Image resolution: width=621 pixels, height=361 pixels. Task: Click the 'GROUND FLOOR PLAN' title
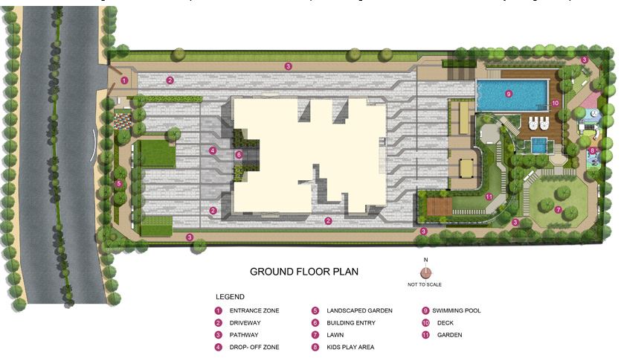coord(303,272)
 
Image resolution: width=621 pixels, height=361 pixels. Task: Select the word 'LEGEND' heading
coord(230,297)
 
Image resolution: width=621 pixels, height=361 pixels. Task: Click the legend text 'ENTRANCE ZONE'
coord(254,310)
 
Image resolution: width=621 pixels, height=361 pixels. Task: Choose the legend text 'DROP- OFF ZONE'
coord(254,348)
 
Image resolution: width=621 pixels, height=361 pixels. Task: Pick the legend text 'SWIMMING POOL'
coord(457,310)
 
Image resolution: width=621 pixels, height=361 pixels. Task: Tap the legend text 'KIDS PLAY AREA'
coord(350,348)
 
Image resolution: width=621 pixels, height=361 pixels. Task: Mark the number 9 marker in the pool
coord(509,94)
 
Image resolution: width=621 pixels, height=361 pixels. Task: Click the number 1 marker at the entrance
coord(124,80)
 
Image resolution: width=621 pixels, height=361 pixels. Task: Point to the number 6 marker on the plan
coord(239,155)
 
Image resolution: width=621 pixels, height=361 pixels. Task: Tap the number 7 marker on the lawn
coord(558,209)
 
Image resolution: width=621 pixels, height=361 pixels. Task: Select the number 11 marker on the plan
coord(489,197)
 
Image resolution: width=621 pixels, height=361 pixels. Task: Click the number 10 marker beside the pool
coord(554,103)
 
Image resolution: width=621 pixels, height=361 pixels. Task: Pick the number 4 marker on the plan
coord(213,150)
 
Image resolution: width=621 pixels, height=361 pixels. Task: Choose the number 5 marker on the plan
coord(118,183)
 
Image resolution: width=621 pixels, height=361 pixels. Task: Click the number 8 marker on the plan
coord(592,150)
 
